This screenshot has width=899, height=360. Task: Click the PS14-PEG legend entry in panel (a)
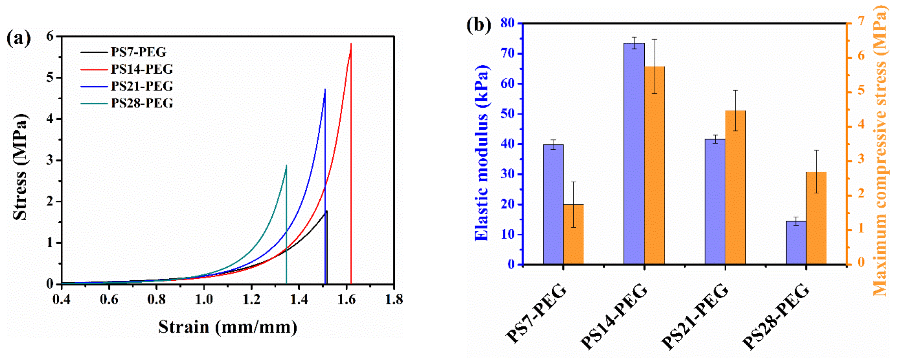click(141, 69)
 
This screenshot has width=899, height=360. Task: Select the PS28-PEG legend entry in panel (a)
click(141, 103)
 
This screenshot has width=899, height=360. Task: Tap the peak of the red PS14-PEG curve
click(351, 44)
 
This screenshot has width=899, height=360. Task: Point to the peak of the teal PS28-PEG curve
click(286, 165)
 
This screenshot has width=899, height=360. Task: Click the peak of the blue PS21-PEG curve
click(325, 89)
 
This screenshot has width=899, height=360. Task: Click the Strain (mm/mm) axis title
click(227, 327)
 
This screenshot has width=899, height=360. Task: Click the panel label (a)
click(19, 39)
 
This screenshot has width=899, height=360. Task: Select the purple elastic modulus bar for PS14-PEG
click(634, 153)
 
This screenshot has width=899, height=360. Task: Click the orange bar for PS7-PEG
click(573, 234)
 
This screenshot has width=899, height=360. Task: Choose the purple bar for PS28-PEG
click(796, 242)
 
